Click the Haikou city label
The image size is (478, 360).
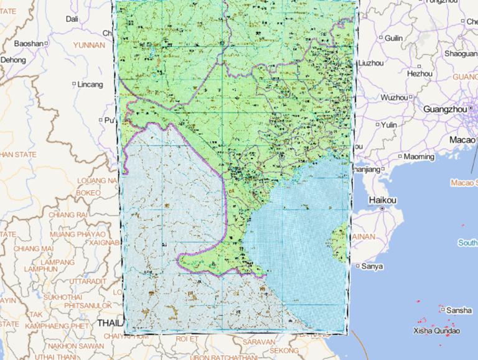(x=382, y=200)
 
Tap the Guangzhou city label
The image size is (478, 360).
(x=444, y=109)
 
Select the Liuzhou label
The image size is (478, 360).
(x=371, y=63)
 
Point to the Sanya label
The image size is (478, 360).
(x=372, y=266)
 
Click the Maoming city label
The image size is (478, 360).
(x=419, y=157)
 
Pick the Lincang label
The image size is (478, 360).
(x=90, y=84)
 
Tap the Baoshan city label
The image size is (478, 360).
(x=29, y=44)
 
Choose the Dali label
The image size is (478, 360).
(x=72, y=19)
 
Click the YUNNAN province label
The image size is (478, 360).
(x=89, y=45)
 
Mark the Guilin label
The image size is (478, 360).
(x=393, y=38)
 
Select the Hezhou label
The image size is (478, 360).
(x=419, y=73)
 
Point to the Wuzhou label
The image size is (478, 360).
(x=393, y=98)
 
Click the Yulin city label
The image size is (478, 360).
(x=389, y=125)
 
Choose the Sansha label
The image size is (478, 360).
(x=459, y=310)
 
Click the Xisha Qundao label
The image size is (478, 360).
(x=436, y=331)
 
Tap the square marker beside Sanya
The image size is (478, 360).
(x=357, y=266)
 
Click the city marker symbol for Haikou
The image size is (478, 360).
(x=382, y=209)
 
